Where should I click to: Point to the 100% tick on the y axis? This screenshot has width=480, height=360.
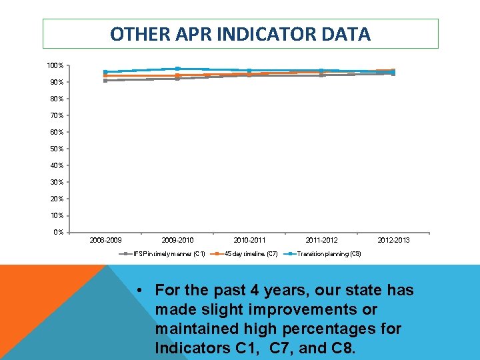[55, 65]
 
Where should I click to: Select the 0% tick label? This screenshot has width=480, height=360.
[58, 232]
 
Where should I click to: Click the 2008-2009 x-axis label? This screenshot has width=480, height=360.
[105, 240]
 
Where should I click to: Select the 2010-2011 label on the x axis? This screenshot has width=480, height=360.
[249, 240]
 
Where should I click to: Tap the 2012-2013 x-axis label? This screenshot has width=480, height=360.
[393, 240]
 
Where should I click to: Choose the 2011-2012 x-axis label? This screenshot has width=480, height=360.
[321, 240]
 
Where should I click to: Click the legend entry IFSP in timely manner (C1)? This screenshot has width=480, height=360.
[169, 253]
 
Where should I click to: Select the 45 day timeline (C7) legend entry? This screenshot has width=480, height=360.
[251, 253]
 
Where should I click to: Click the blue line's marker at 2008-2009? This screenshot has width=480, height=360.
[105, 72]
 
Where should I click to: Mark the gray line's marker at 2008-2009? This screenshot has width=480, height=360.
[105, 81]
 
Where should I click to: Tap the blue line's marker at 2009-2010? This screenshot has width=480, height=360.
[177, 69]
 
